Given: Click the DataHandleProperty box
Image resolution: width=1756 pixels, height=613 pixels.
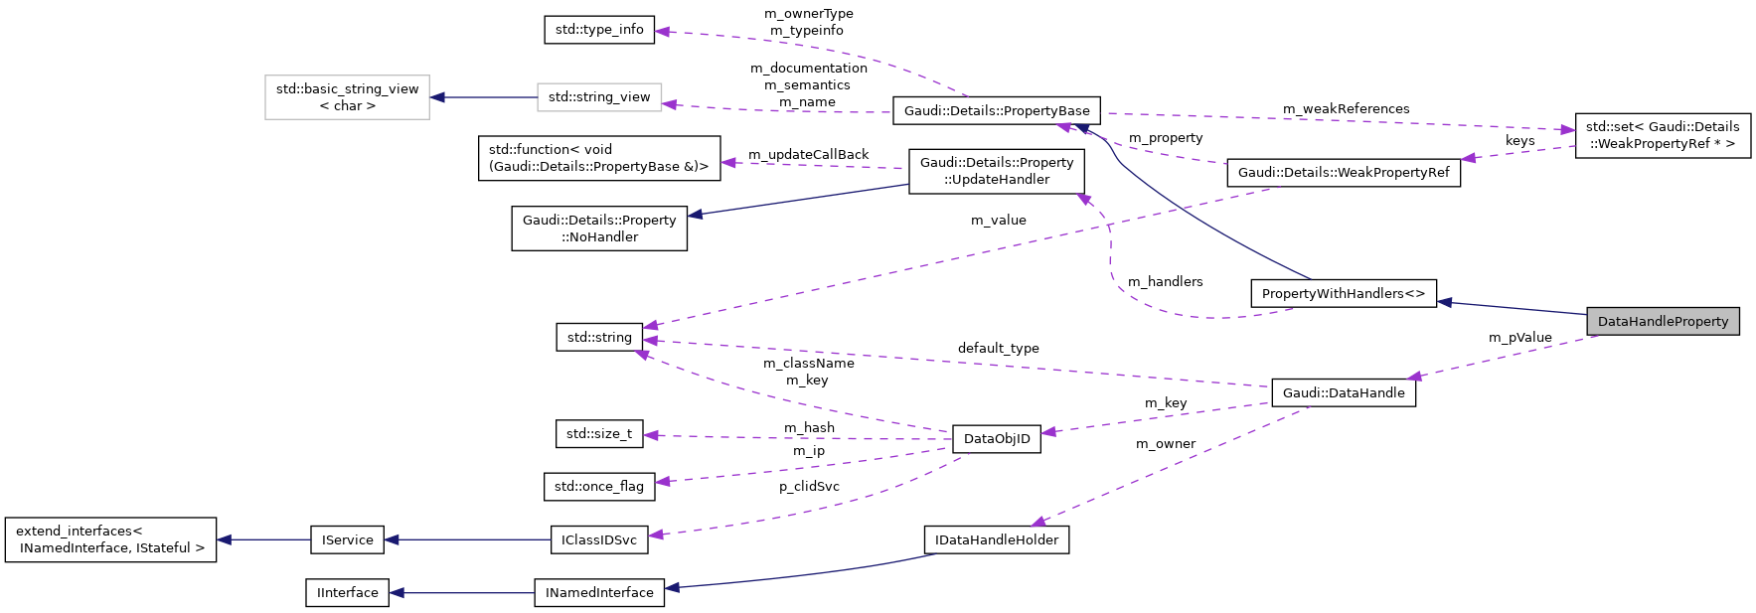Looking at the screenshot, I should pos(1663,321).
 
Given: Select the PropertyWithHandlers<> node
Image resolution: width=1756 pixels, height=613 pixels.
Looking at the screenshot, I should pos(1343,293).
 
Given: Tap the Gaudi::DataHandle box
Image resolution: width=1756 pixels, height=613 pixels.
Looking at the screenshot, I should pos(1344,392).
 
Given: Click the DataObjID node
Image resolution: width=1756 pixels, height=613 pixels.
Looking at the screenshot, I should pos(997,438).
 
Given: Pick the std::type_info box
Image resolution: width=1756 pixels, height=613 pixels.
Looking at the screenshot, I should pos(599,29).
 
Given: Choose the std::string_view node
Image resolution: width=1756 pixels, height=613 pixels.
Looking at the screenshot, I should pos(599,96).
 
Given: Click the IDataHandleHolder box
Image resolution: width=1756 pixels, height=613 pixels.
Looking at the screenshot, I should pos(997,539).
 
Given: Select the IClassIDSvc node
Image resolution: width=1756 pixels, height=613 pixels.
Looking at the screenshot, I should pos(599,539).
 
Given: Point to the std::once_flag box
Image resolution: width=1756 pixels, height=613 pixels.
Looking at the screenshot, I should pos(599,486).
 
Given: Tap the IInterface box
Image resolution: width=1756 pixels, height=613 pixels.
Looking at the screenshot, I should pos(347,592).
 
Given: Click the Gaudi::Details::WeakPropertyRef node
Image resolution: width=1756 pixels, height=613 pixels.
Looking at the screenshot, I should pos(1344,172).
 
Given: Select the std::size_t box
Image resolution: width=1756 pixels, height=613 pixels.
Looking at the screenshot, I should pos(599,433).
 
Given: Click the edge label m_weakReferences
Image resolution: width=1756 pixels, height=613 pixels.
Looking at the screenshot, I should pos(1346,108).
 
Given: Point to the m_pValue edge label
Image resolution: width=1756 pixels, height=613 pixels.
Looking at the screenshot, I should pos(1519,337).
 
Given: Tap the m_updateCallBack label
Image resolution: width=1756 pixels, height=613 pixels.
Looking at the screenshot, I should pos(808,154).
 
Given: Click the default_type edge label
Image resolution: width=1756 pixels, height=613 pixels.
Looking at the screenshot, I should pos(998,348).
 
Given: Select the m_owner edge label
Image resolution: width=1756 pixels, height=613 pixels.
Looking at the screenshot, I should pos(1166,443).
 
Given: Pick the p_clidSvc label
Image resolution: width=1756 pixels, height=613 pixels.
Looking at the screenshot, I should pos(809,486).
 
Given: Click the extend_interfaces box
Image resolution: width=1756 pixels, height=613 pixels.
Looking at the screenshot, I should pos(110,539).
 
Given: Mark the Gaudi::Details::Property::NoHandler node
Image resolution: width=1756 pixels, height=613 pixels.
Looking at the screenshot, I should pos(599,229).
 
